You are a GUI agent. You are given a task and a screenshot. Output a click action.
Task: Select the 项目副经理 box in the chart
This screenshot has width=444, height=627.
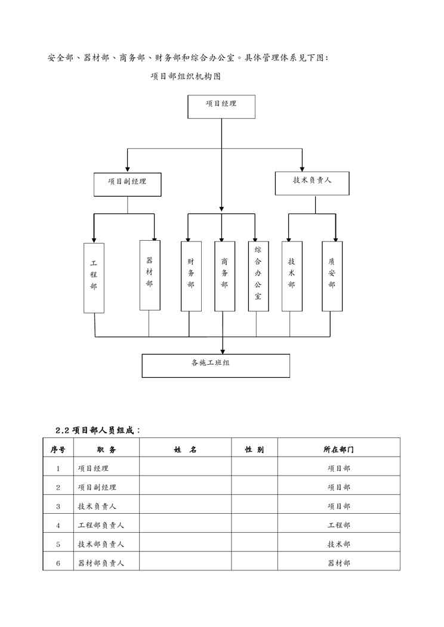pos(128,184)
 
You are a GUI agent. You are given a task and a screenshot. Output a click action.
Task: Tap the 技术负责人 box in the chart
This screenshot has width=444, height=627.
pos(312,183)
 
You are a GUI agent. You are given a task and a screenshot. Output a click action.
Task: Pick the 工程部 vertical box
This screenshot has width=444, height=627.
pos(94,278)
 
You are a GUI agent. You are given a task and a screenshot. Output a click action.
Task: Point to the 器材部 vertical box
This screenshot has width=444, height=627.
pos(149,275)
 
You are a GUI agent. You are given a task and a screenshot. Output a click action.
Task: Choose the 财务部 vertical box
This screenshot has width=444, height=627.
pos(190,277)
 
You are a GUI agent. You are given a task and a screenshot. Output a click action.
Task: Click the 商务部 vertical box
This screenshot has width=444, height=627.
pos(224,277)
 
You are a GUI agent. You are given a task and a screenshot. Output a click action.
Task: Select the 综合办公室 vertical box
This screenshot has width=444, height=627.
pos(258,277)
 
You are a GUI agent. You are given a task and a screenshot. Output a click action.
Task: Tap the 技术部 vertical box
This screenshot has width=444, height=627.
pos(291,277)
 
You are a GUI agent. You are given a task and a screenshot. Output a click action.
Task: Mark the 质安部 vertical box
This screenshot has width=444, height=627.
pos(332,277)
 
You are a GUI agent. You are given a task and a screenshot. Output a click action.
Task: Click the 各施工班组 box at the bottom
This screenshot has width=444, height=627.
pos(215,365)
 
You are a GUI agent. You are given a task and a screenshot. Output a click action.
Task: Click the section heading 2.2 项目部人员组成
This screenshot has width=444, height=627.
pos(97,430)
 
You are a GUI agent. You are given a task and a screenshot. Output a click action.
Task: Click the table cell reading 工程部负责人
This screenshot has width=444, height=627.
pos(101,525)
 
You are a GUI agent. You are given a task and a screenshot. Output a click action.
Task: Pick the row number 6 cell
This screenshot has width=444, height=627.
pos(58,563)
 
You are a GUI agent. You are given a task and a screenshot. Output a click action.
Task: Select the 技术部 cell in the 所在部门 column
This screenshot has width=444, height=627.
pos(338,544)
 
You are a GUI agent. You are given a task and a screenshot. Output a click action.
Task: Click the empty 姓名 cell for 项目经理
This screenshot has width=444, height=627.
pos(185,468)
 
